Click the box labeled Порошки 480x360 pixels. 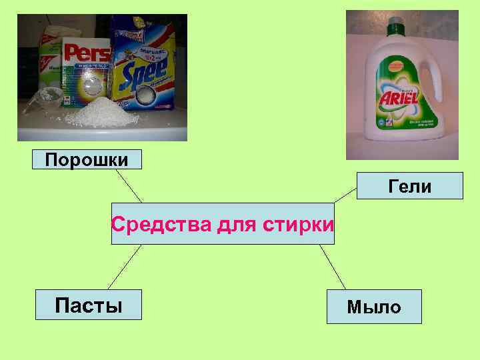coord(87,160)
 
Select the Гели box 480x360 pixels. coord(410,186)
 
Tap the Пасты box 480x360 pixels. coord(89,306)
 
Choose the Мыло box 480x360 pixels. coord(373,307)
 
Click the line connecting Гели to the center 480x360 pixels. coord(345,194)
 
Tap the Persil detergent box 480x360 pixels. coord(85,73)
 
